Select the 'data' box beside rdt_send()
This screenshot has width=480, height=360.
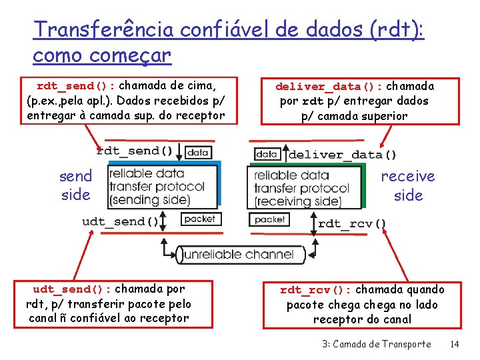coord(198,153)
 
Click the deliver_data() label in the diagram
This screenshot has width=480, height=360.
coord(342,155)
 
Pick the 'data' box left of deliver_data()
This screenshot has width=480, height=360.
coord(266,154)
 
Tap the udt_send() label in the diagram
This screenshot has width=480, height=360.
coord(121,221)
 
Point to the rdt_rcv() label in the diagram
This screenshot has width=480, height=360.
coord(352,223)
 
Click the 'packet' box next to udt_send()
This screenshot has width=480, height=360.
coord(199,219)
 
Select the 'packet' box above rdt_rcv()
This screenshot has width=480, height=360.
coord(269,219)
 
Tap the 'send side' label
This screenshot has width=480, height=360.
coord(75,185)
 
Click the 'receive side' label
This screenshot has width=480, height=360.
coord(408,185)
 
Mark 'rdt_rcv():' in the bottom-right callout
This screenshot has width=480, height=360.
coord(315,290)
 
